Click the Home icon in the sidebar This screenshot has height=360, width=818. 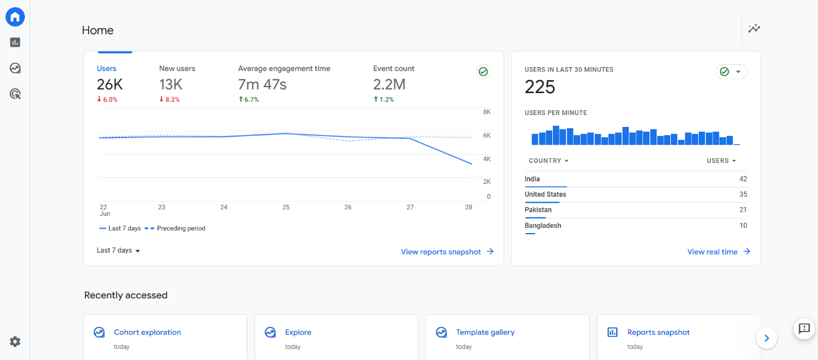point(15,17)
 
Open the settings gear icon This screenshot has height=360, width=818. point(15,342)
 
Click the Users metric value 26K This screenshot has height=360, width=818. point(110,85)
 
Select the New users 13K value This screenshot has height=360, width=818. point(171,85)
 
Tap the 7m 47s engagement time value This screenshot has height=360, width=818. point(262,85)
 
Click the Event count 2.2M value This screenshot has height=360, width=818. point(389,85)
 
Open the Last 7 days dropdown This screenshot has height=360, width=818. point(119,251)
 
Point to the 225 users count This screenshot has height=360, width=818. point(540,88)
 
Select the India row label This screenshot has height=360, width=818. point(532,179)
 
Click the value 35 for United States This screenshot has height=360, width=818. point(743,195)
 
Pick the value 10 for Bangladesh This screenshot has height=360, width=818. point(743,225)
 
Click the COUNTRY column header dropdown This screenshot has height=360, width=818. point(549,161)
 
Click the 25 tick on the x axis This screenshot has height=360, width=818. point(286,208)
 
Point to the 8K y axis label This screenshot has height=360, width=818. point(486,112)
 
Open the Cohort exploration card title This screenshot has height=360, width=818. point(147,333)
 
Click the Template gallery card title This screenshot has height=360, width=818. point(485,333)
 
